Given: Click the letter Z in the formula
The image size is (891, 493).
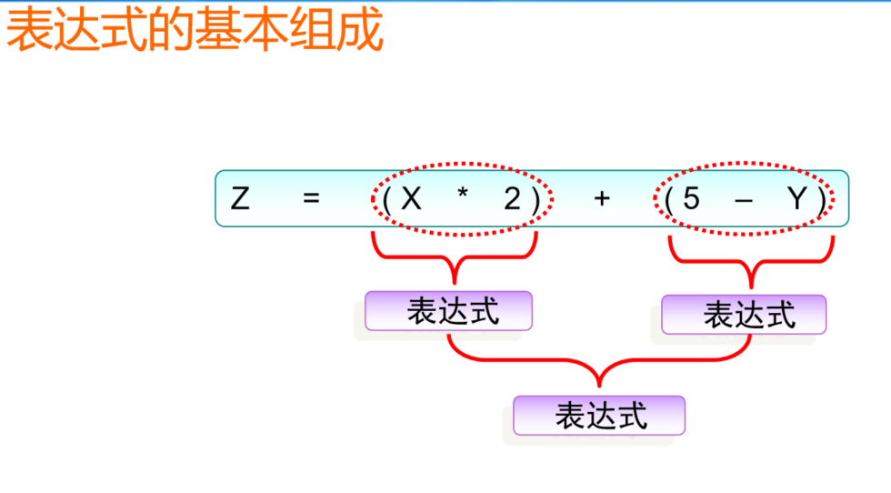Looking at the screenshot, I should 240,198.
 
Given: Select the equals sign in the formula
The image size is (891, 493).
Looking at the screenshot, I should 312,198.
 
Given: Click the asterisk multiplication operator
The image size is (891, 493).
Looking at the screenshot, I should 463,196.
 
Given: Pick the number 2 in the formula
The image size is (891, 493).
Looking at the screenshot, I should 513,198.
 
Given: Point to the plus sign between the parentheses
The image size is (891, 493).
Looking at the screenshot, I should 601,198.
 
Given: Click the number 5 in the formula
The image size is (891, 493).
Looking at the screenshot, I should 691,198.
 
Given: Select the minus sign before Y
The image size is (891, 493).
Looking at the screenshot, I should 743,199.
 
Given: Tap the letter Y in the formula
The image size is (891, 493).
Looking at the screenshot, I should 796,198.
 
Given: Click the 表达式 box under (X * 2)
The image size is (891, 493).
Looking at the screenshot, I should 448,311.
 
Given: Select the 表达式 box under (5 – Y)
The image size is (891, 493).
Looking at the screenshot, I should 745,315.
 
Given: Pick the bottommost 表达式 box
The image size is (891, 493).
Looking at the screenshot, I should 599,416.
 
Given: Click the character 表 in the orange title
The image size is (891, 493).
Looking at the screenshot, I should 30,31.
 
